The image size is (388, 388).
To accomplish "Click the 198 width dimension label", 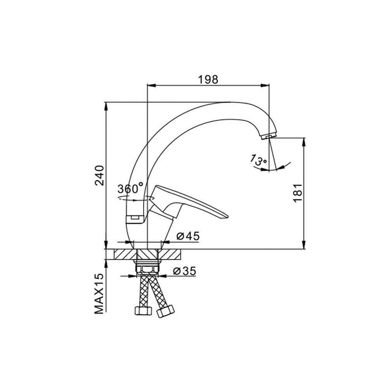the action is (208, 80).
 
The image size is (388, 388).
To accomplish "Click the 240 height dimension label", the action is (99, 175).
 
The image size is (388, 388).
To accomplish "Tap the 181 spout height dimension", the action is (298, 193).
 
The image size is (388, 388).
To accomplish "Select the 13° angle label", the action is (258, 160).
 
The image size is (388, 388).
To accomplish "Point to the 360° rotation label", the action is (130, 189).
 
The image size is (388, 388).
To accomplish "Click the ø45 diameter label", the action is (188, 236).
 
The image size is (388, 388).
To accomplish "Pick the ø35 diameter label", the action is (185, 271).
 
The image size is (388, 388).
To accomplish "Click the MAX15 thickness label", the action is (99, 294).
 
